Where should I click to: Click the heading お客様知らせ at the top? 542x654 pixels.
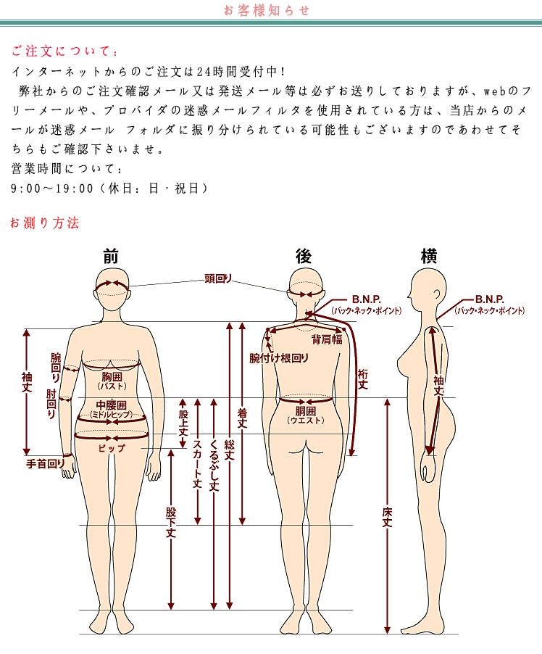[x=267, y=10]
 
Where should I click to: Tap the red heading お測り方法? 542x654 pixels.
[x=45, y=223]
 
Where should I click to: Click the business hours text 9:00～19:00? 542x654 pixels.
[x=52, y=189]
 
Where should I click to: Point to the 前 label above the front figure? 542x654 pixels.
[x=111, y=256]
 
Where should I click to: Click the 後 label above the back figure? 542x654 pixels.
[x=304, y=256]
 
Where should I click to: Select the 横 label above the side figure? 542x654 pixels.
[x=428, y=256]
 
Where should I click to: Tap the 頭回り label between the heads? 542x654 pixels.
[x=218, y=278]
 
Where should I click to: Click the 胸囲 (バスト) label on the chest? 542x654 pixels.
[x=112, y=381]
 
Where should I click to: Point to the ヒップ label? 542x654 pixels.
[x=112, y=448]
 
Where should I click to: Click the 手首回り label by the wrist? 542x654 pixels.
[x=46, y=463]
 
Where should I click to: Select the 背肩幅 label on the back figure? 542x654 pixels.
[x=327, y=339]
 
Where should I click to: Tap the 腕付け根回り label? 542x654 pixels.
[x=279, y=358]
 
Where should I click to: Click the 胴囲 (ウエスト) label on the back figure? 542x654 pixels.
[x=306, y=415]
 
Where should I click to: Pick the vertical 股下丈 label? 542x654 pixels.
[x=171, y=523]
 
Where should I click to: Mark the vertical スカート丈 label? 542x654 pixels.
[x=197, y=464]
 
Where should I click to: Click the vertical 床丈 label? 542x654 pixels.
[x=388, y=517]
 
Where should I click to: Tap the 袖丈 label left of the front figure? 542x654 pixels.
[x=27, y=383]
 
